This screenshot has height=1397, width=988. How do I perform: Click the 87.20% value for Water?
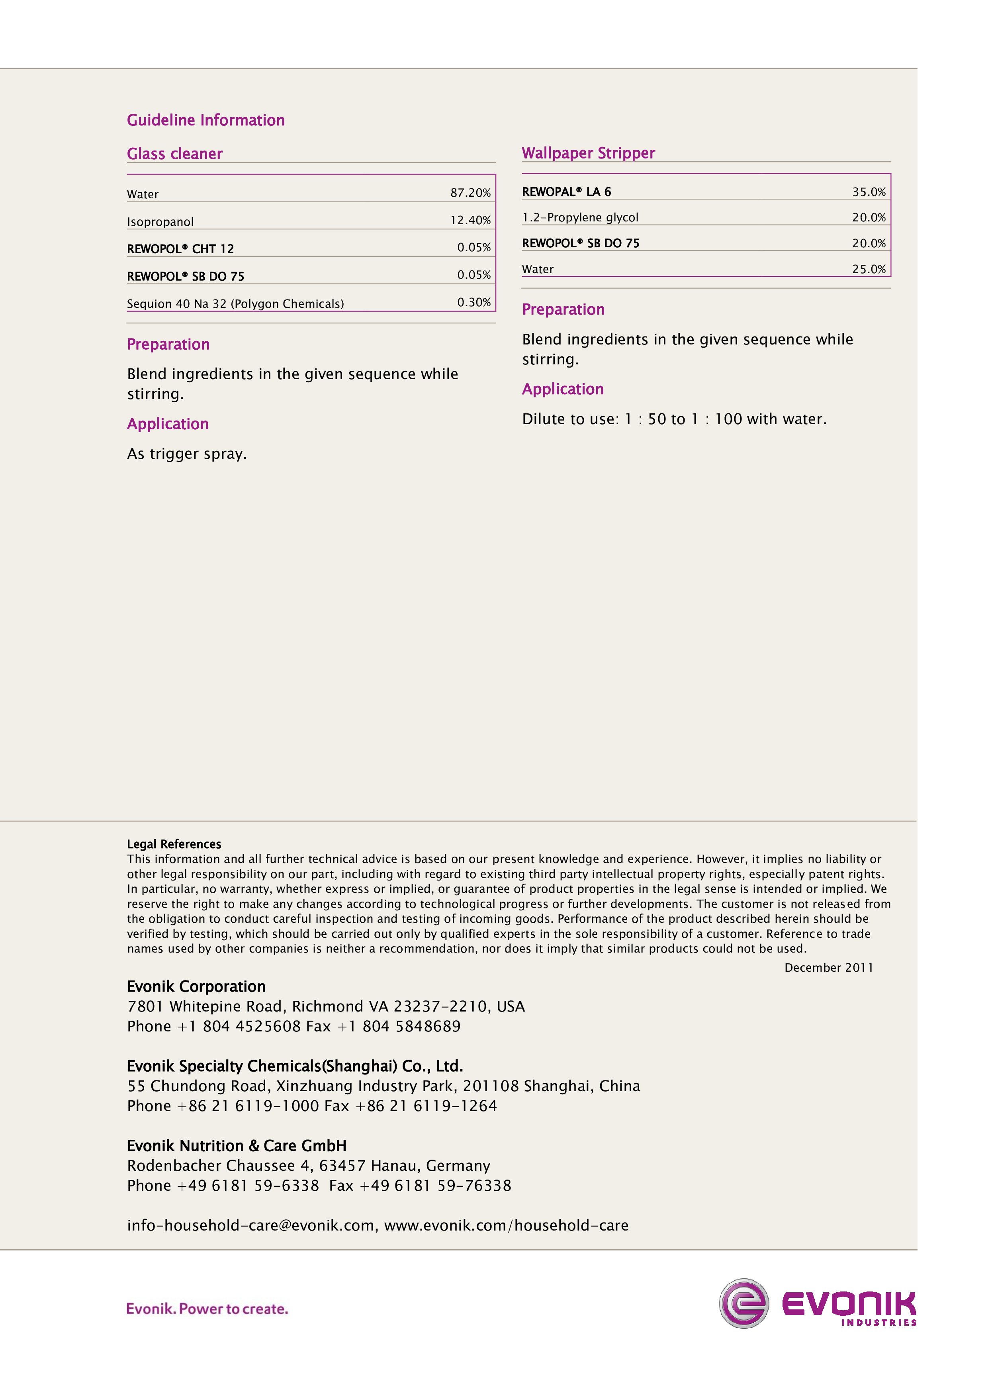point(470,193)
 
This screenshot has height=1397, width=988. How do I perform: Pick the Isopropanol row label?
point(160,221)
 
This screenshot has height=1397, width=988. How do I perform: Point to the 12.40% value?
point(470,220)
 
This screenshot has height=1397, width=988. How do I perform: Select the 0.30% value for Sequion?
point(474,302)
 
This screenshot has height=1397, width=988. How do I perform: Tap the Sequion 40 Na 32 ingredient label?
point(235,303)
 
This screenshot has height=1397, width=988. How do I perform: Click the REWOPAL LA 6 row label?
point(566,192)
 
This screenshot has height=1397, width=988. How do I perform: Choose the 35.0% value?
point(869,192)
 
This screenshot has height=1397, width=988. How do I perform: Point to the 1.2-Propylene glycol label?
point(580,217)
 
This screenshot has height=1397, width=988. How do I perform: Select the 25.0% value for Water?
point(869,269)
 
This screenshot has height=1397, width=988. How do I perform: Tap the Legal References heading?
point(174,844)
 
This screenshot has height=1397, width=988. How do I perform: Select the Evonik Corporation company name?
point(196,986)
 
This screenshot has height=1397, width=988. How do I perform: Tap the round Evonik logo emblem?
point(743,1303)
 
